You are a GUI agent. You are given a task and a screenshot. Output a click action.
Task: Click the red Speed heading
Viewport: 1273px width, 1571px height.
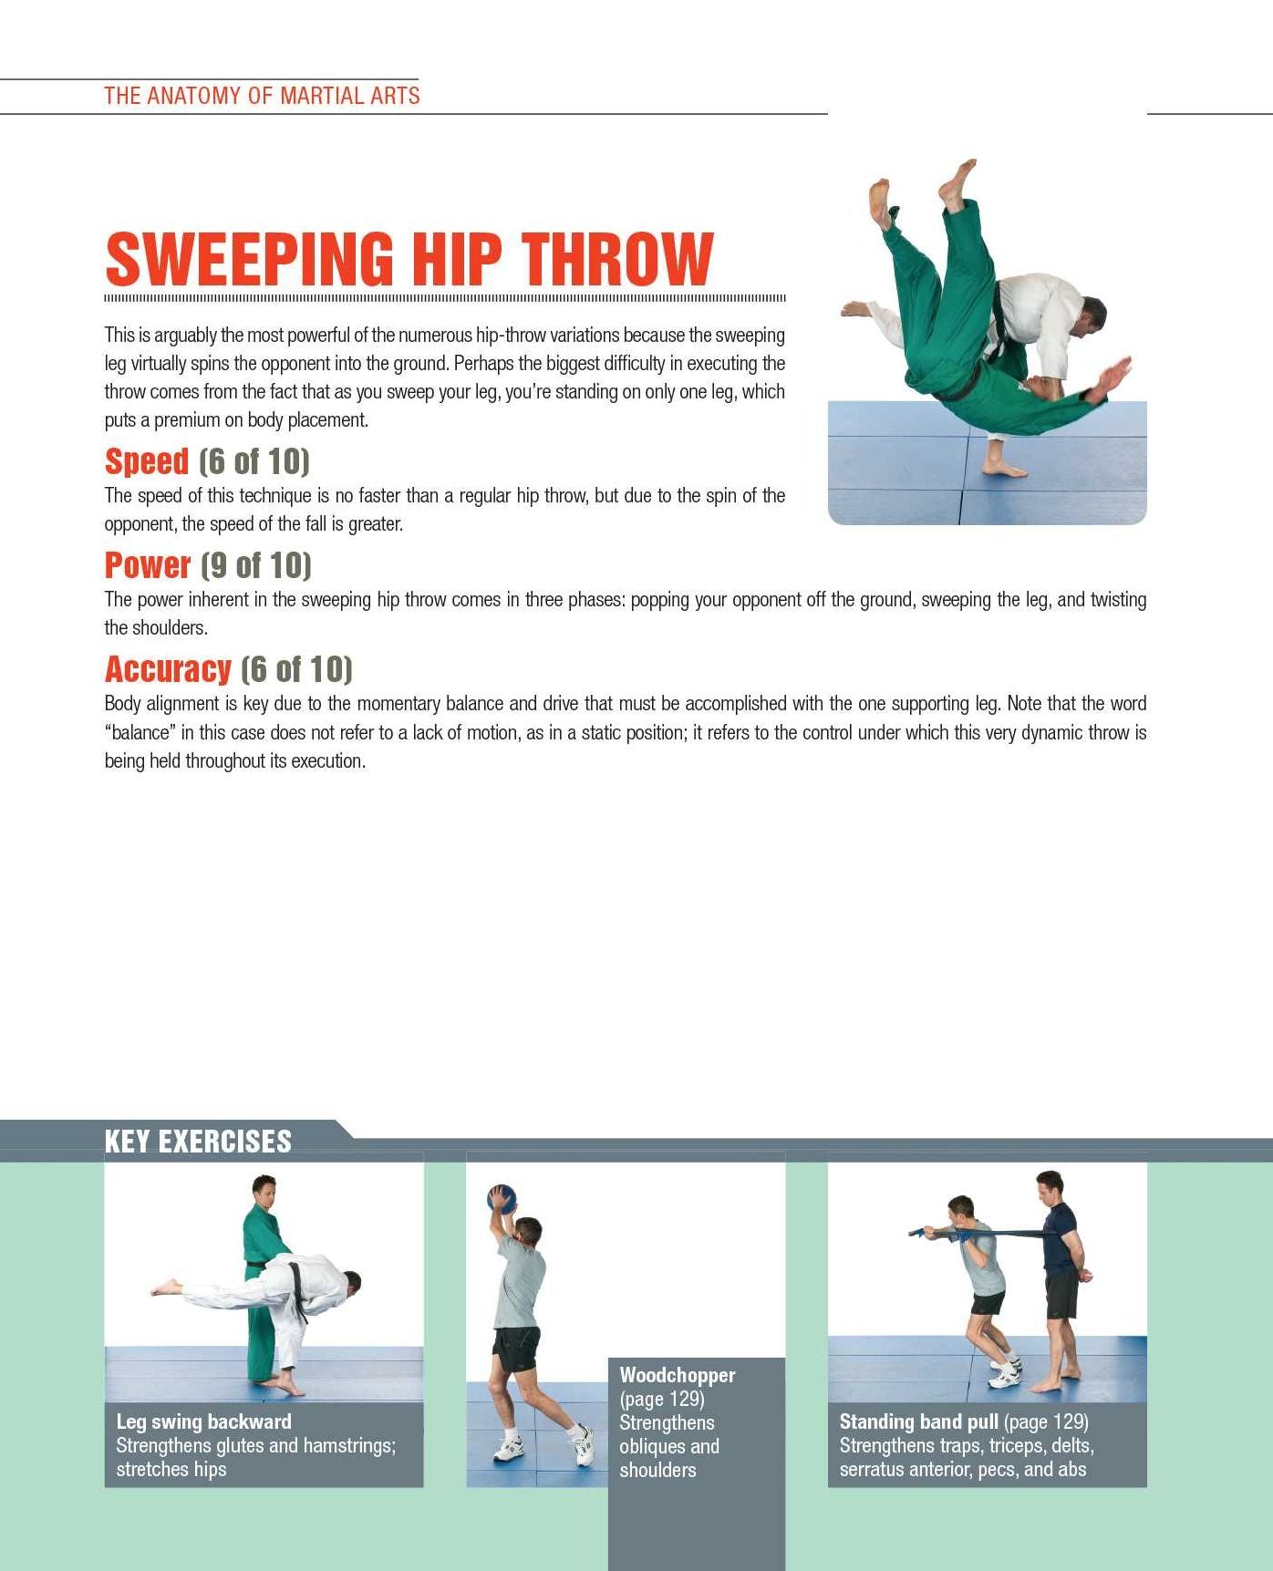pyautogui.click(x=147, y=461)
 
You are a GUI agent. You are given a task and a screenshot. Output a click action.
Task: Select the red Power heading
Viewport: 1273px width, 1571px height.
pyautogui.click(x=148, y=565)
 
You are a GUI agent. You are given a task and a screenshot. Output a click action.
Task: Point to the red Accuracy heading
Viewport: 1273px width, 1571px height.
pyautogui.click(x=168, y=669)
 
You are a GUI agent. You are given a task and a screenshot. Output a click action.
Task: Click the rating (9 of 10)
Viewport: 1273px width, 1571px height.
pyautogui.click(x=255, y=565)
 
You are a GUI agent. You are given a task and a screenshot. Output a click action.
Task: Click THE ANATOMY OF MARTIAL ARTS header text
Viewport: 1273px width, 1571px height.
pyautogui.click(x=262, y=96)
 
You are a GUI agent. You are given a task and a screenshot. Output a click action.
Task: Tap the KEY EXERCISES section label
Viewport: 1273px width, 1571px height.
pyautogui.click(x=198, y=1142)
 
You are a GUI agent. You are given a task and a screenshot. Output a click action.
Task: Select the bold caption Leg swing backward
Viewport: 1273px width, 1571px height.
pyautogui.click(x=203, y=1421)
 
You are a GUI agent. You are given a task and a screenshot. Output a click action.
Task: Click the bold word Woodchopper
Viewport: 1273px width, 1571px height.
pyautogui.click(x=678, y=1375)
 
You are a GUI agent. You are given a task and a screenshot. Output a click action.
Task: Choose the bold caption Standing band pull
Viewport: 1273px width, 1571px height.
pyautogui.click(x=918, y=1421)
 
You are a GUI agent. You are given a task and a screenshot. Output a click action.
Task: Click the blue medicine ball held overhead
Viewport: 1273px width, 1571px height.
pyautogui.click(x=502, y=1197)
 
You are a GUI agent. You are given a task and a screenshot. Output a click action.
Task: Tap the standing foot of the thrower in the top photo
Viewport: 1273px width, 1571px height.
pyautogui.click(x=1005, y=469)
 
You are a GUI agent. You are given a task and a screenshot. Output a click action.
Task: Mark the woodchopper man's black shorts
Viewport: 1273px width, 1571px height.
pyautogui.click(x=517, y=1350)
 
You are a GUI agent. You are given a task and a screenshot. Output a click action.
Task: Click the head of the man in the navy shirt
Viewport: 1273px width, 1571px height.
pyautogui.click(x=1050, y=1188)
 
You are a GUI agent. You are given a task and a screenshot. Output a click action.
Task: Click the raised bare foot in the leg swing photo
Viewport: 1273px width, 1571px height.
pyautogui.click(x=167, y=1287)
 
